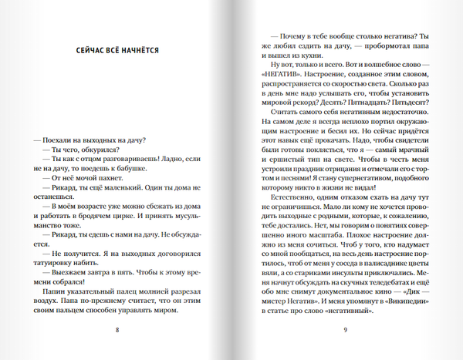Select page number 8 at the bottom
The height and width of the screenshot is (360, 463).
tap(117, 331)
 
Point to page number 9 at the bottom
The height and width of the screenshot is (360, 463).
tap(346, 331)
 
